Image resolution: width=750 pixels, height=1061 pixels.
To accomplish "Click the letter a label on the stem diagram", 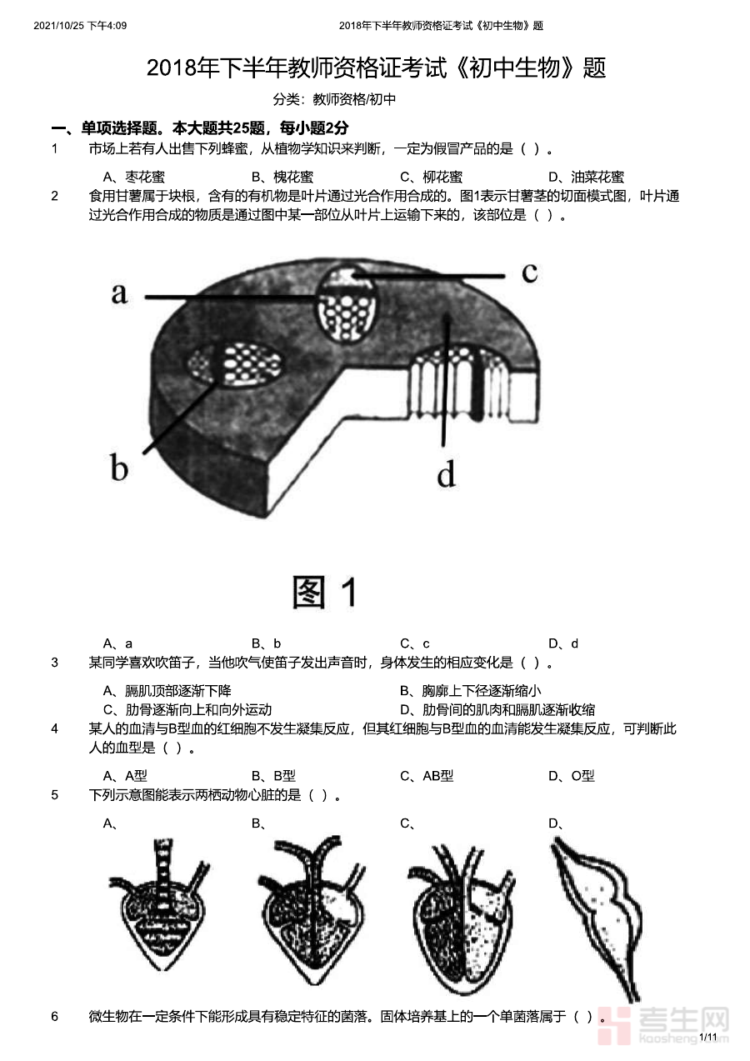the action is coord(120,293).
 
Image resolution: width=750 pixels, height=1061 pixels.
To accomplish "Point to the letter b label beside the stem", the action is coord(119,467).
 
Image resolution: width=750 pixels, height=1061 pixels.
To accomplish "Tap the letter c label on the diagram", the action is coord(530,273).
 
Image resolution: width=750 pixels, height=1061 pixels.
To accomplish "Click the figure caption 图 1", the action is coord(325,592).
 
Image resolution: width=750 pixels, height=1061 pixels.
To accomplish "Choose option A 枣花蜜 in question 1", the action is coord(134,178).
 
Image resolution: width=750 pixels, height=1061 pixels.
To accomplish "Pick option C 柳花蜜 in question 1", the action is coord(432,178).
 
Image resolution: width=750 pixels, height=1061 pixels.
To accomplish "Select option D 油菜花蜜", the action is coord(586,178).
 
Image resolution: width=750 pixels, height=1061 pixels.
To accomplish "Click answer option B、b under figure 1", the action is coord(266,643).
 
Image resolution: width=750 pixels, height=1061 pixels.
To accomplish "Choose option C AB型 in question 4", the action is coord(427,776).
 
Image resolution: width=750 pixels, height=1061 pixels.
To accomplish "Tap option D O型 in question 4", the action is coord(571,776).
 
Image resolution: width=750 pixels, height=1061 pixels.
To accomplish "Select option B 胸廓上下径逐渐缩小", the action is coord(471,691).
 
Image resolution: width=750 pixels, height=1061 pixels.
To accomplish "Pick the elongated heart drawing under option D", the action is coord(597,919).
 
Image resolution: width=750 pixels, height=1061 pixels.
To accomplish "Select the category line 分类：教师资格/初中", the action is coord(334,99).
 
